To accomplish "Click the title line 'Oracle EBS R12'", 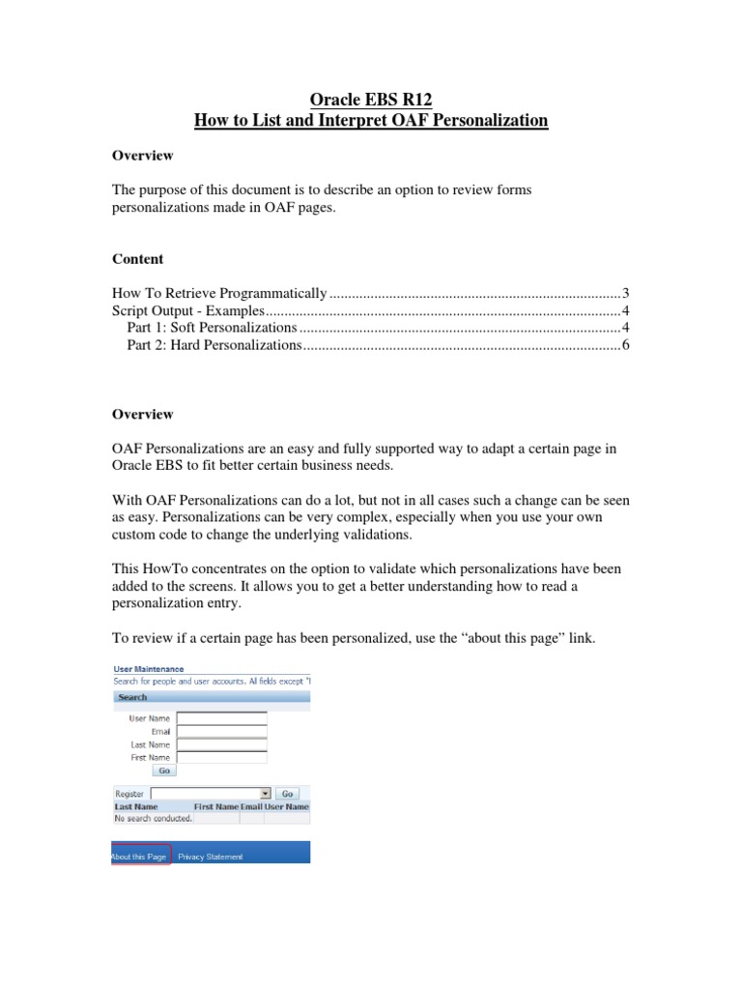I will [371, 99].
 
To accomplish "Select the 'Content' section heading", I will [138, 259].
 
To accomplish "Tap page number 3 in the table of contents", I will [626, 293].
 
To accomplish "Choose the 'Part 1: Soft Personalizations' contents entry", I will [212, 328].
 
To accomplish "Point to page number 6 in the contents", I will [626, 345].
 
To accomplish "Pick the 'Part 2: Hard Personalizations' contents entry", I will [214, 345].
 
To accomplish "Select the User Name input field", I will [221, 718].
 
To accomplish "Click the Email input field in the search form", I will [221, 732].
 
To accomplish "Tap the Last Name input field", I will [221, 744].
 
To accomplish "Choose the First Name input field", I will [221, 757].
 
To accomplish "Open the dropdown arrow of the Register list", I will [265, 793].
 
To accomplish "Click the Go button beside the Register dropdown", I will [288, 793].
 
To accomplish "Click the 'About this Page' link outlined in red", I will [140, 857].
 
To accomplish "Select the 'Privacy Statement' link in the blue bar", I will [211, 857].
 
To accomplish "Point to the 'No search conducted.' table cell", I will [153, 818].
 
